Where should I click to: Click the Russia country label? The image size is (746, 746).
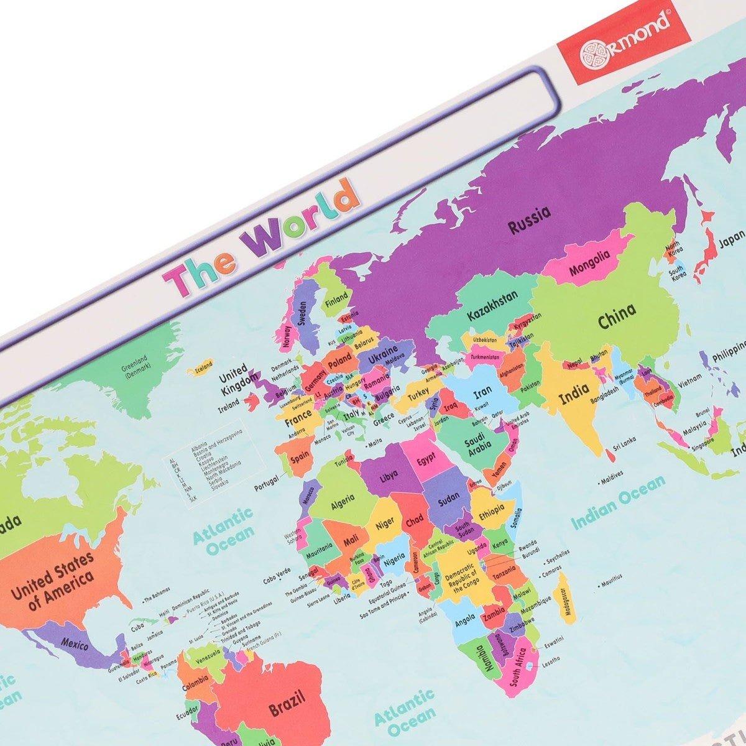530,220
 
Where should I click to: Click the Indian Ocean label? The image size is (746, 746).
619,502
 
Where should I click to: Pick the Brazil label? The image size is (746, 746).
287,703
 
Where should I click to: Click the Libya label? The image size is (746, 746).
389,476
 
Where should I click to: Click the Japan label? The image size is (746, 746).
731,239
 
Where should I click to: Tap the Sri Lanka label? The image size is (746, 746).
624,442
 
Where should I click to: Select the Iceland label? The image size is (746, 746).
204,364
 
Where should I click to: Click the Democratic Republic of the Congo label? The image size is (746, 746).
461,578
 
